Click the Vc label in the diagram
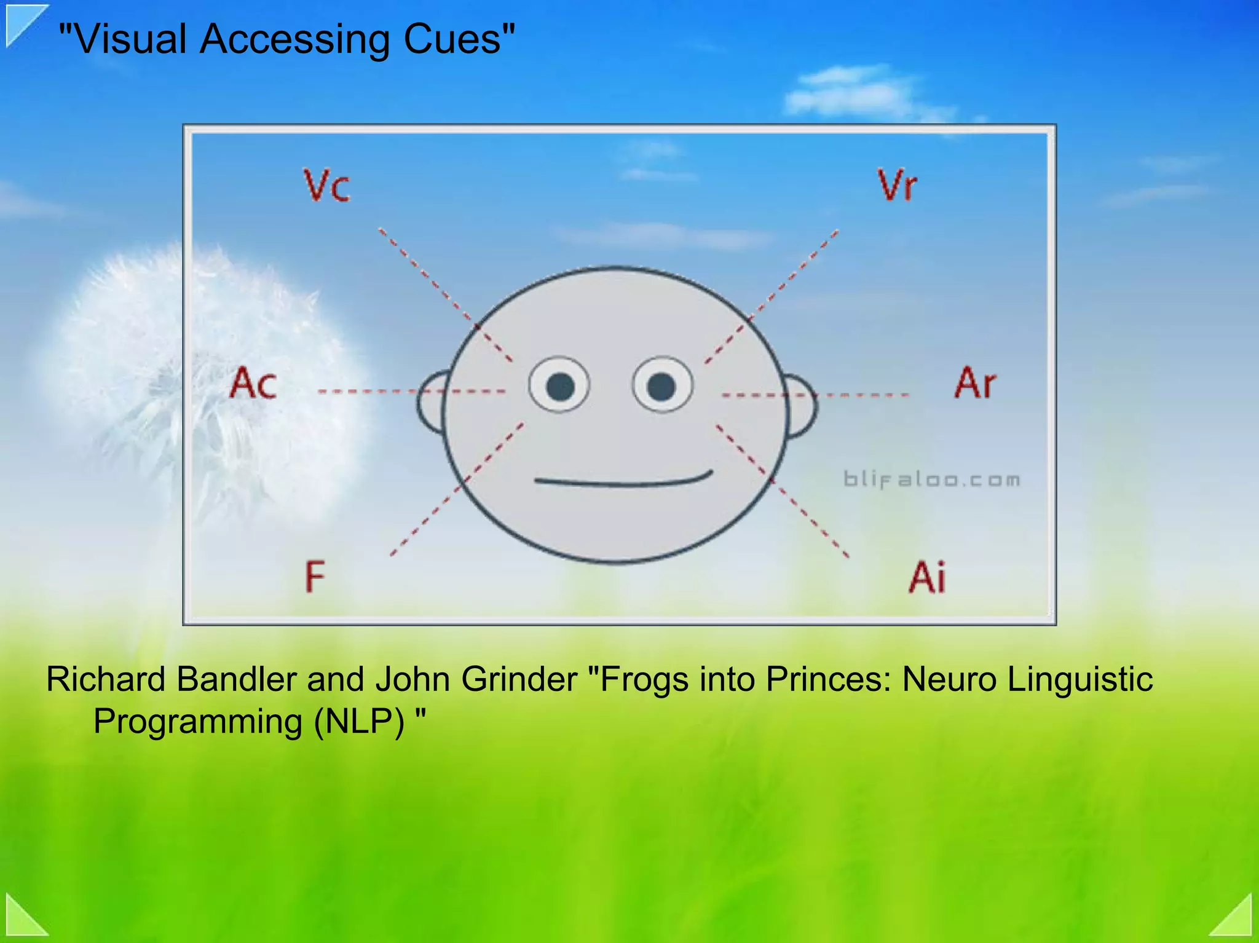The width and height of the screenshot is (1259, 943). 327,185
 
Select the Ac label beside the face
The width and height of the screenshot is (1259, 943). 253,383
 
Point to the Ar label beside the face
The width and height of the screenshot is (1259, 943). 975,383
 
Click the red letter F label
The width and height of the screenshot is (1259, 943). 315,576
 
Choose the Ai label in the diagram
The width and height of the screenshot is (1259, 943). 927,577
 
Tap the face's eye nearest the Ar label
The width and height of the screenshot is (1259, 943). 662,385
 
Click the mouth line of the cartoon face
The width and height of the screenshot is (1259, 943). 622,481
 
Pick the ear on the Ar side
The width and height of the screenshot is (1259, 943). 801,406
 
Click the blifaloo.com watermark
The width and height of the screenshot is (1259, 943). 931,479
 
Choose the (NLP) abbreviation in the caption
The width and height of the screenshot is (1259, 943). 359,721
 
